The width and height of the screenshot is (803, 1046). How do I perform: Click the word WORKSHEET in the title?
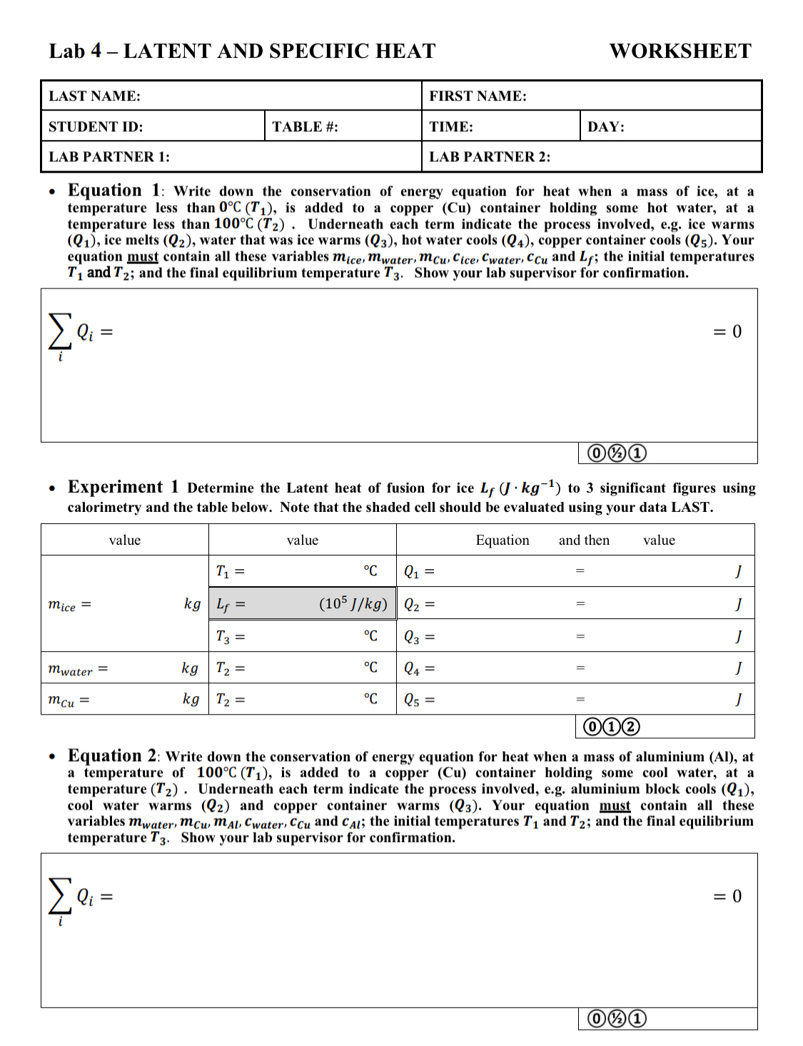(x=680, y=51)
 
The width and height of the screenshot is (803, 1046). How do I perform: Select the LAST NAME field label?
(x=94, y=96)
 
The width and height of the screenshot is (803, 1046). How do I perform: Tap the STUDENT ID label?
(x=96, y=127)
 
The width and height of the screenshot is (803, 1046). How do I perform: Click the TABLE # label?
(x=305, y=127)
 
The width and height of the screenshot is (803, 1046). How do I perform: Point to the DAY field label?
(x=605, y=127)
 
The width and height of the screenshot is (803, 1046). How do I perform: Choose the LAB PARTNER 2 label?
(x=489, y=157)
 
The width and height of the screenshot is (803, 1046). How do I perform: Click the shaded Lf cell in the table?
(x=302, y=604)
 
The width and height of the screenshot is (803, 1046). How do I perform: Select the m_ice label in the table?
(x=69, y=605)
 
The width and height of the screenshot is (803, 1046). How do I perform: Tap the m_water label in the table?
(x=77, y=669)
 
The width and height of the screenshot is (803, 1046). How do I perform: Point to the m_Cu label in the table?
(x=69, y=700)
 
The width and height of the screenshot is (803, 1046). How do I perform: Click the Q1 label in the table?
(x=419, y=572)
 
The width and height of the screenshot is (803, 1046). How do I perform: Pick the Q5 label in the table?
(x=419, y=700)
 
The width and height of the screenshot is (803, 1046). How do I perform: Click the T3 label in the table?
(x=230, y=636)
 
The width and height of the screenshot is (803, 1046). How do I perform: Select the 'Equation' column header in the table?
(x=502, y=540)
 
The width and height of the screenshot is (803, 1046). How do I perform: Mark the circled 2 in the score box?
(x=630, y=727)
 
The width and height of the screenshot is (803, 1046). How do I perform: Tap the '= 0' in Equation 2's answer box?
(x=727, y=896)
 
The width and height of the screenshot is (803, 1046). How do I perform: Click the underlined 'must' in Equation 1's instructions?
(x=143, y=257)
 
